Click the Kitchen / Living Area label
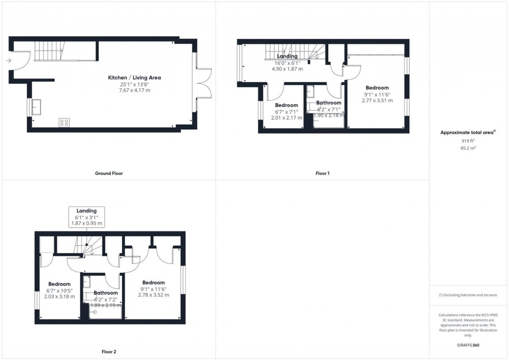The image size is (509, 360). point(134,77)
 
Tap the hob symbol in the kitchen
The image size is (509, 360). point(64,123)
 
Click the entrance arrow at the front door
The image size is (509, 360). point(8,61)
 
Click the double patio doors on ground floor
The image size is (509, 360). point(203,83)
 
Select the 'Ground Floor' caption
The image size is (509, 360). point(109,173)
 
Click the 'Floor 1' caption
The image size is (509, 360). point(323,173)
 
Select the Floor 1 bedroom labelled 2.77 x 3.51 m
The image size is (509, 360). point(377,95)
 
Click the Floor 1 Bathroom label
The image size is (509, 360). point(328,103)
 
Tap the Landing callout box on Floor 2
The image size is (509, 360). point(87,217)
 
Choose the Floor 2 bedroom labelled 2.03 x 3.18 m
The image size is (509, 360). point(59,290)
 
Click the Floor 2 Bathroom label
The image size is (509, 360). point(105,293)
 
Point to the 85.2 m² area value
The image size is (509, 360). point(468,148)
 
